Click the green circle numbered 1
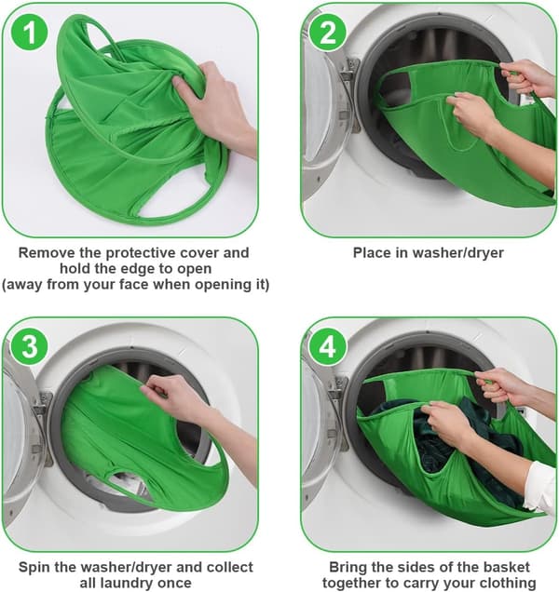coord(30,33)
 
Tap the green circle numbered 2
coord(327,33)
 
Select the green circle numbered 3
coord(30,346)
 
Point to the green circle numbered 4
coord(327,346)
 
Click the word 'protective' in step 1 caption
coord(141,253)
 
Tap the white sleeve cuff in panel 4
coord(541,487)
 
